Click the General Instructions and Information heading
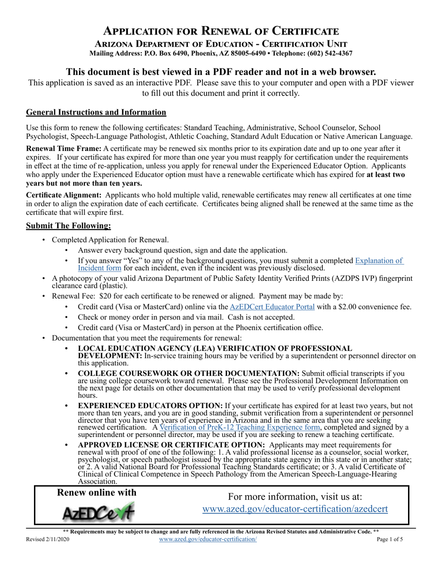tap(96, 112)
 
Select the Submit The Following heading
tap(69, 226)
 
